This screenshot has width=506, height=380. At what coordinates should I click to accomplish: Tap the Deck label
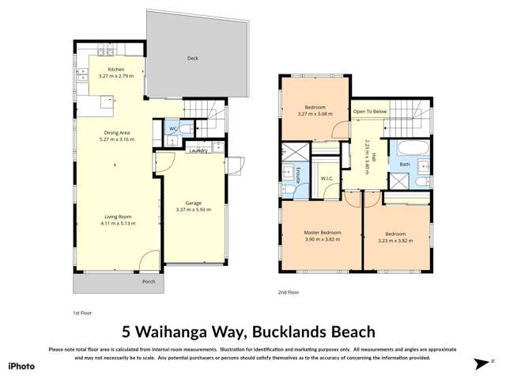(x=192, y=58)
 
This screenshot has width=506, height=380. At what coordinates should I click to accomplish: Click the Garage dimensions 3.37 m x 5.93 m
(x=193, y=210)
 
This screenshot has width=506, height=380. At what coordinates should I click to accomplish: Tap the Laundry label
(x=198, y=150)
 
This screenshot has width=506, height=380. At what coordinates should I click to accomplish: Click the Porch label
(x=148, y=281)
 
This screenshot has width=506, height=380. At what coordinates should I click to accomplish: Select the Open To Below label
(x=369, y=112)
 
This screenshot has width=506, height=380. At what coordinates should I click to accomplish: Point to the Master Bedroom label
(x=322, y=232)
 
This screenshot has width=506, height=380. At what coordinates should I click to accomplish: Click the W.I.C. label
(x=327, y=178)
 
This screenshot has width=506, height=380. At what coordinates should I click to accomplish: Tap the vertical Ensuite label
(x=297, y=176)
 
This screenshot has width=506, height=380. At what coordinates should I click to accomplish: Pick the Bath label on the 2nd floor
(x=404, y=165)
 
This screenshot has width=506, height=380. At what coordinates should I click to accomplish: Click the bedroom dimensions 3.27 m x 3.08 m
(x=315, y=114)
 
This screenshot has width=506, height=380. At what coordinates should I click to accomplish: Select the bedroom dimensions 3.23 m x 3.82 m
(x=395, y=241)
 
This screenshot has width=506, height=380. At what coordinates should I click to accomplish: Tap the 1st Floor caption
(x=82, y=313)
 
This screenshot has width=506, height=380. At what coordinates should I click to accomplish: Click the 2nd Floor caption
(x=289, y=292)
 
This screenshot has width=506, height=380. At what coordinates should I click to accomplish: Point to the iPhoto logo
(x=21, y=366)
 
